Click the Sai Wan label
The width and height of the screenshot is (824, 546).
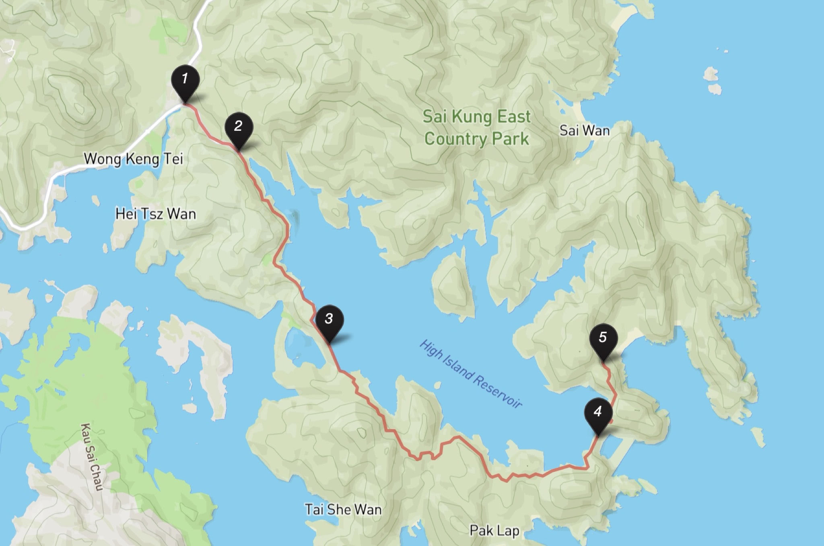tap(585, 130)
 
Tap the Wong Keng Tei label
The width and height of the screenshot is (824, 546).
tap(133, 159)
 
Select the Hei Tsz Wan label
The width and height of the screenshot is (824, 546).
tap(156, 214)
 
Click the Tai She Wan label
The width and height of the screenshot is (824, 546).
tap(343, 510)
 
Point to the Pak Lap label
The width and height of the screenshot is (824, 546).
tap(494, 531)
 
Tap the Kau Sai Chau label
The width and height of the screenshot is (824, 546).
tap(92, 457)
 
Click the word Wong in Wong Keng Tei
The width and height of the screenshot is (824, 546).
tap(102, 159)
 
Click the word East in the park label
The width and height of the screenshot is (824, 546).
tap(514, 117)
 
